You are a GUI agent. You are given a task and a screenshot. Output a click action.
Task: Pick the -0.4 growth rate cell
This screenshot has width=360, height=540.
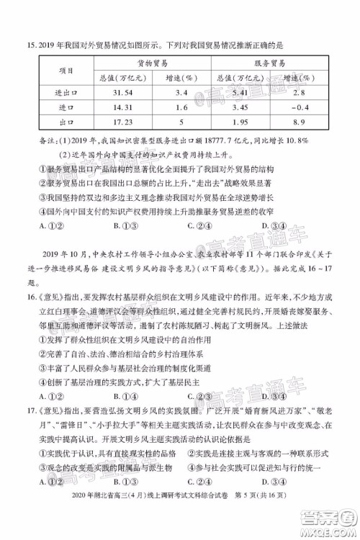click(x=305, y=107)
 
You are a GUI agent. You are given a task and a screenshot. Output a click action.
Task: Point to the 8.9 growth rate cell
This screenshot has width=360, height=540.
click(x=305, y=122)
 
